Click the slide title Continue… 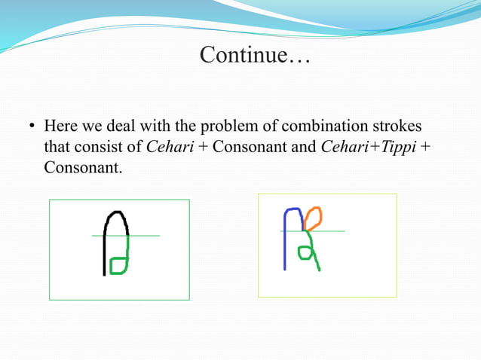[254, 56]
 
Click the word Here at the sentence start [60, 125]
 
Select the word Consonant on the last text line [81, 167]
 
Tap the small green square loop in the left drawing [117, 265]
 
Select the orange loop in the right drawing [314, 218]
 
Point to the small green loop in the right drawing [305, 252]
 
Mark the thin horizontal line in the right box [332, 230]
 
